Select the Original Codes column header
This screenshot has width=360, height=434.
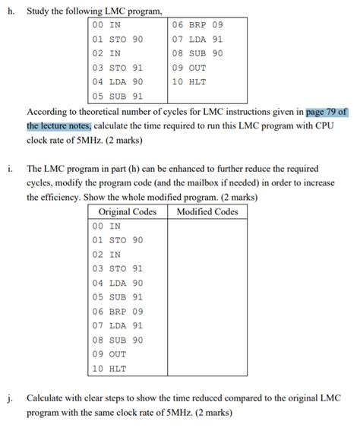pos(127,211)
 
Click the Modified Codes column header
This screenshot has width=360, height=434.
pos(207,211)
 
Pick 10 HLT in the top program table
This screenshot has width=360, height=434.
pos(189,81)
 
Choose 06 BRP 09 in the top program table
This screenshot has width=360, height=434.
pos(197,24)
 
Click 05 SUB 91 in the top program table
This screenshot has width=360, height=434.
pos(118,97)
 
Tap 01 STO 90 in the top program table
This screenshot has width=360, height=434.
pos(118,39)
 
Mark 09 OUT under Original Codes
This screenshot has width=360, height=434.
pos(109,354)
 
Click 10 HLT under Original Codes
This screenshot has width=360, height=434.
pos(109,369)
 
